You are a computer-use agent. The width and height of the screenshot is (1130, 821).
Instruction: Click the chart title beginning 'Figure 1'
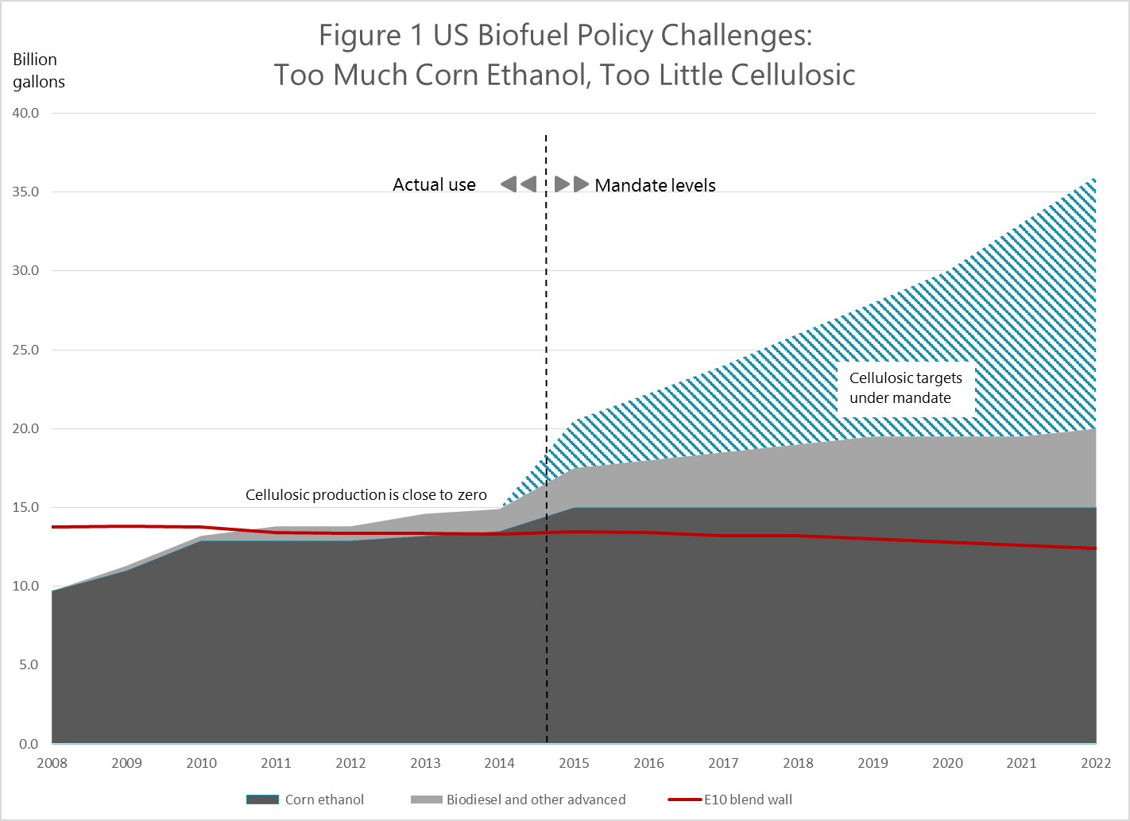pos(565,55)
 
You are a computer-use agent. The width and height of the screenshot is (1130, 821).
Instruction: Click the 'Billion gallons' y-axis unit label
pos(38,71)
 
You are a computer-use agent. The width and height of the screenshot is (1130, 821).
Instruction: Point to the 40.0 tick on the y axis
pos(25,113)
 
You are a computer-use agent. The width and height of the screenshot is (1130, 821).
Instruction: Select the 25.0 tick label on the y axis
pos(25,350)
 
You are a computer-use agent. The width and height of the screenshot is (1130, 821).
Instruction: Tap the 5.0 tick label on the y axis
pos(29,664)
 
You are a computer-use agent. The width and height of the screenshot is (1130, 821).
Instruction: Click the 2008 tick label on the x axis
pos(52,763)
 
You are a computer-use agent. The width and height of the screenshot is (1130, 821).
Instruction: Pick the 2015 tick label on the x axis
pos(574,763)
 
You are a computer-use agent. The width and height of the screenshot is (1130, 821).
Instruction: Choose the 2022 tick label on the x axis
pos(1095,763)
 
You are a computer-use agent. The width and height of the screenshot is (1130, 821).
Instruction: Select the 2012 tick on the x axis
pos(350,763)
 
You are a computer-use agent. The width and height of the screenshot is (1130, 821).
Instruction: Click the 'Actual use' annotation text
pos(434,185)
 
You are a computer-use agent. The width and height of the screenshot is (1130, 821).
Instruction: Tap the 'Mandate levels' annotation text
pos(655,185)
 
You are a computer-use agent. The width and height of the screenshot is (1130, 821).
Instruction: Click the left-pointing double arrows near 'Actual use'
pos(519,184)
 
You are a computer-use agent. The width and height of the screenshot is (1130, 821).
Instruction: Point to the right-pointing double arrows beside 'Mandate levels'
pos(572,184)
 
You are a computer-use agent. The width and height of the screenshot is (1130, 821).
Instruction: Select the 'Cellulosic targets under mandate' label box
pos(905,388)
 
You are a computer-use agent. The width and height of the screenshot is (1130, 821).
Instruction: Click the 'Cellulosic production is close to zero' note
pos(366,495)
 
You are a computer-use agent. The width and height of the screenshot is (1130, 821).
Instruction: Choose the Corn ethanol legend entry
pos(306,800)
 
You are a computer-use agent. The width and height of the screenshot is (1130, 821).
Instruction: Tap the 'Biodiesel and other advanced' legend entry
pos(518,800)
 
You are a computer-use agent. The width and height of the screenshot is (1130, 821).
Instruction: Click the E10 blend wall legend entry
pos(730,800)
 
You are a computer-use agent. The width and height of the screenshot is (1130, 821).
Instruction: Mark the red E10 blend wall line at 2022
pos(1095,548)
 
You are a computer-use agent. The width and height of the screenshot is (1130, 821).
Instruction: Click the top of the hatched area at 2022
pos(1095,179)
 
